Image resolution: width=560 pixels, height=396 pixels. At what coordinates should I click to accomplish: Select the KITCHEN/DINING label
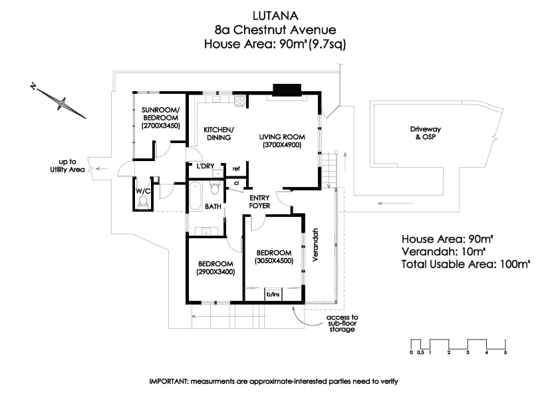coord(217,134)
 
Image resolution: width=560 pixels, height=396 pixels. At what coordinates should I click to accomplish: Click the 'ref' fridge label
coord(235,168)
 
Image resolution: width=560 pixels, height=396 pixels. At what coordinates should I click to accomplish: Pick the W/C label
coord(143,192)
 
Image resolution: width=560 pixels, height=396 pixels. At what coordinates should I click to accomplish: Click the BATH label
coord(213,207)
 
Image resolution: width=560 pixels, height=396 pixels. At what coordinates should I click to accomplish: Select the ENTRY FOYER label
coord(259,202)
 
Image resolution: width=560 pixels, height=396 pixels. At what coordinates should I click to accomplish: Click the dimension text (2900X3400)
coord(215,272)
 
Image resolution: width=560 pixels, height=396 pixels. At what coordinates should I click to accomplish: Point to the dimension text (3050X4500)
coord(273,261)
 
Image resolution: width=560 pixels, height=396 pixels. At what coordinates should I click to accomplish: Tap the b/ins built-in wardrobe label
coord(273,294)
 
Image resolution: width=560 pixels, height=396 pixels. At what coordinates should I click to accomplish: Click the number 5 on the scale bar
coord(506,352)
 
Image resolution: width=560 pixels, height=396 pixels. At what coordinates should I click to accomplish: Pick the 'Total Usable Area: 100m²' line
coord(466,264)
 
